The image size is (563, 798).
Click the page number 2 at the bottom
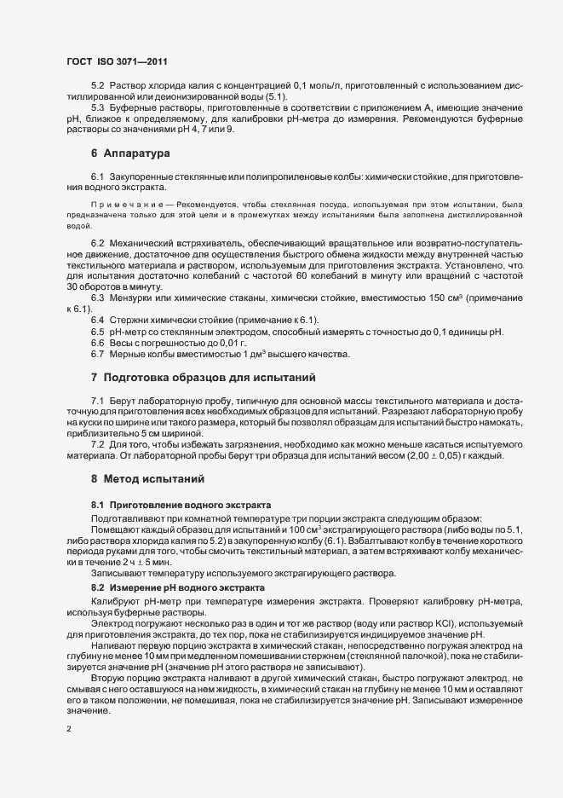tap(69, 730)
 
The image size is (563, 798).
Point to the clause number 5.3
tap(98, 109)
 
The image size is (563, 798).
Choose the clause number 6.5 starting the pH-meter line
tap(98, 330)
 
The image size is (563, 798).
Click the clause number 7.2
tap(98, 445)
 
